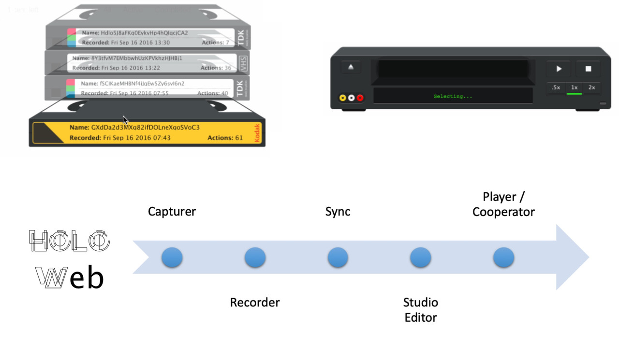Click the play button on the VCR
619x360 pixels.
tap(559, 69)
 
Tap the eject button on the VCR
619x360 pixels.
tap(351, 67)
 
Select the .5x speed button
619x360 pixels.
tap(556, 87)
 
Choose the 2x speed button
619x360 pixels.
tap(591, 87)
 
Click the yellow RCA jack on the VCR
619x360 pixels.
tap(343, 98)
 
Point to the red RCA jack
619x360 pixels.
tap(360, 98)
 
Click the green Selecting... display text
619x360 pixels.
tap(453, 97)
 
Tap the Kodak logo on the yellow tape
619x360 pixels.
tap(257, 133)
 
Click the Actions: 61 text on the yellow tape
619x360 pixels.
tap(225, 138)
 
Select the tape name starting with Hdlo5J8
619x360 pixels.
tap(144, 33)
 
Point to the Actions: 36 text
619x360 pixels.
tap(216, 68)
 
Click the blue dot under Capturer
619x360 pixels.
tap(172, 258)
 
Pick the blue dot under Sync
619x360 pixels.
tap(338, 258)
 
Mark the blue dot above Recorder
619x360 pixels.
tap(255, 258)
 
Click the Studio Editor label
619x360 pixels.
tap(420, 310)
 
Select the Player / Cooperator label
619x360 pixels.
tap(503, 204)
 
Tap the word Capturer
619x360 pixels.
tap(172, 212)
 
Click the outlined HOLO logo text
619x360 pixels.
tap(70, 241)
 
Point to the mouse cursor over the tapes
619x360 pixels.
tap(125, 120)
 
